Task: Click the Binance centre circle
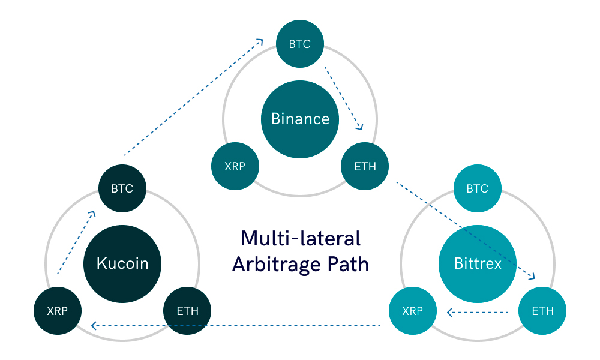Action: click(x=300, y=119)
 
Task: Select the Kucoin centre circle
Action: click(x=122, y=263)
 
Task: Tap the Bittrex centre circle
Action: click(x=478, y=263)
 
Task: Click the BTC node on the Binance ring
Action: click(x=300, y=44)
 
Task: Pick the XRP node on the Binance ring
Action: click(x=235, y=166)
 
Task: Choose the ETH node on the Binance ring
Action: click(x=365, y=166)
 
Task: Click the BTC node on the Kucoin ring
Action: click(x=122, y=188)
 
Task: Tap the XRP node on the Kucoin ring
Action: click(x=58, y=311)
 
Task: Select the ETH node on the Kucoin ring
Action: click(x=187, y=311)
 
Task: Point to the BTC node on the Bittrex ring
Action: click(x=478, y=188)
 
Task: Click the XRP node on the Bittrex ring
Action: click(x=413, y=311)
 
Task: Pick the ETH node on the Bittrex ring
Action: click(x=542, y=311)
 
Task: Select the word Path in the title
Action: click(x=348, y=264)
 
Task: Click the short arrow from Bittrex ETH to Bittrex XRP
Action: click(x=478, y=312)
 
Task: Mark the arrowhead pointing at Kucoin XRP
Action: click(x=94, y=326)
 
